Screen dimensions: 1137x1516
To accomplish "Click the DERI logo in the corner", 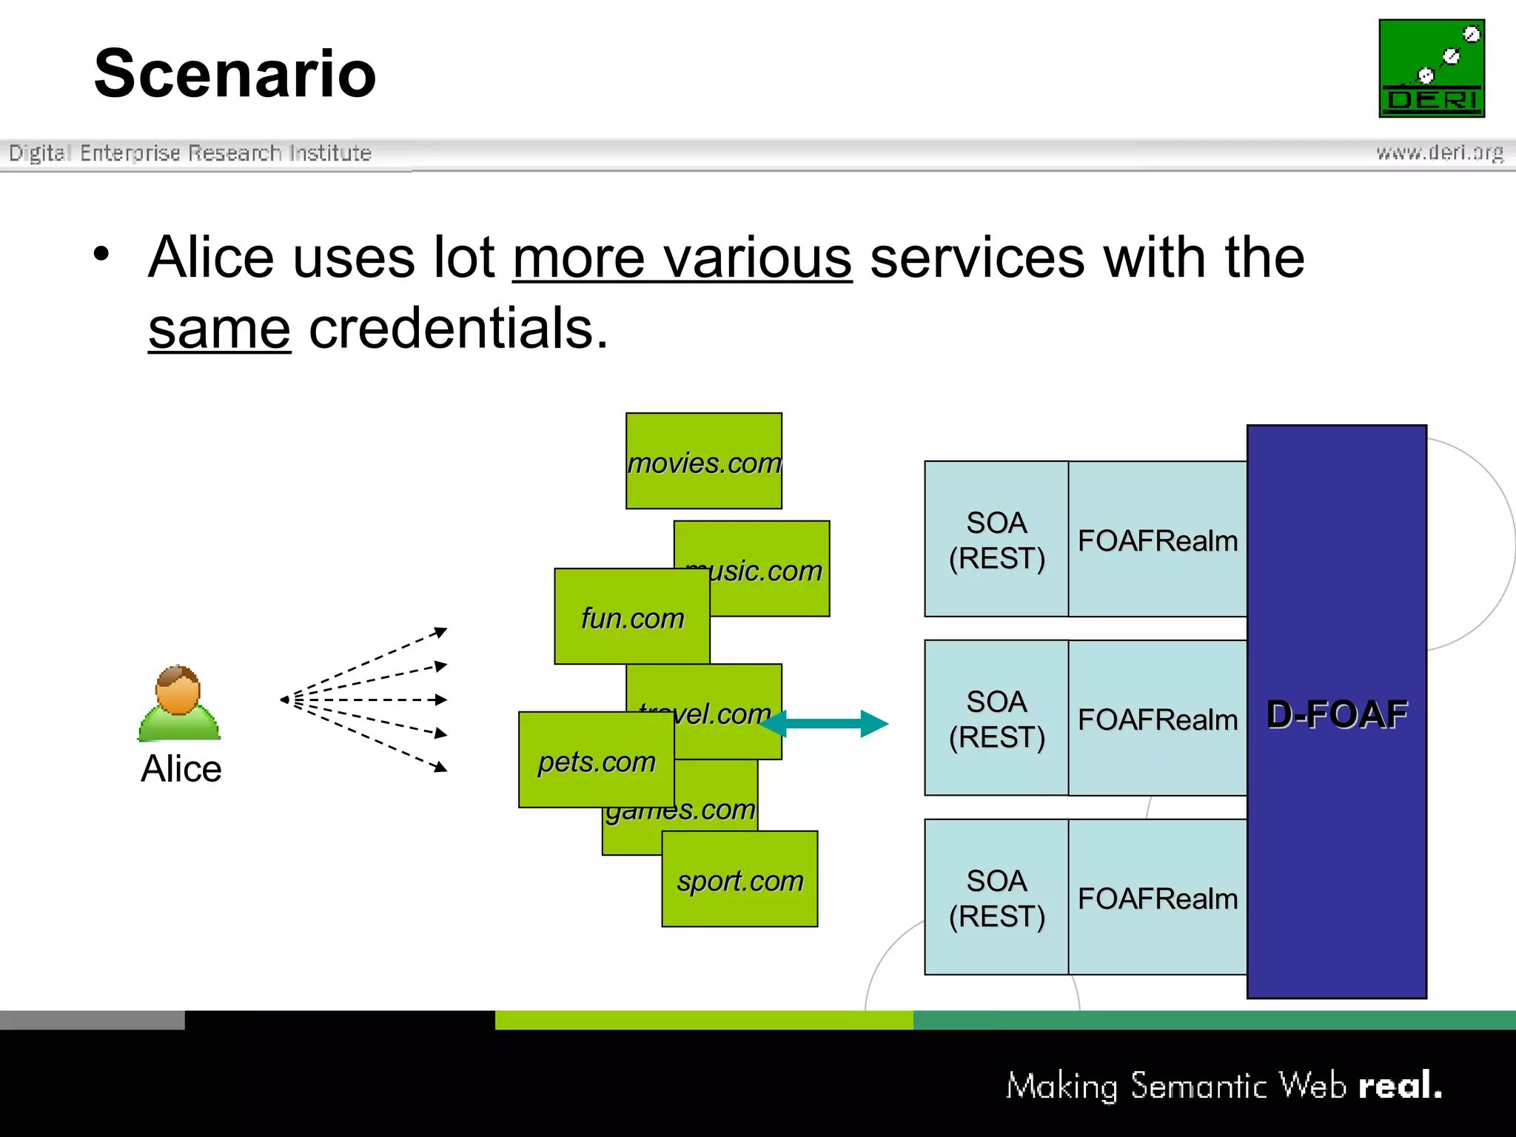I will tap(1431, 68).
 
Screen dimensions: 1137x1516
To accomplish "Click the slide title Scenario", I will tap(235, 73).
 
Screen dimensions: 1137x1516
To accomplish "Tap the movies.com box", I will tap(703, 461).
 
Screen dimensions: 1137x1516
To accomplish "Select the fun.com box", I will tap(631, 617).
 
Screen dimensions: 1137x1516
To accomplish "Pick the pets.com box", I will tap(596, 760).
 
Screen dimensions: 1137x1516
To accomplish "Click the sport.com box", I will tap(739, 879).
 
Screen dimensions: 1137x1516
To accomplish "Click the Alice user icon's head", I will tap(178, 688).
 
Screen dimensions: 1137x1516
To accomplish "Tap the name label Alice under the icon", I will tap(181, 768).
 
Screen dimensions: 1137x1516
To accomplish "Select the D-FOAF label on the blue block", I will tap(1336, 714).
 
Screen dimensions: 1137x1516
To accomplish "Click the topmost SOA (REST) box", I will tap(996, 540).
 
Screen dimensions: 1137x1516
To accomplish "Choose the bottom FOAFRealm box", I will tap(1157, 898).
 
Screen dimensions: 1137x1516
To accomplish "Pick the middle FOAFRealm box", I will tap(1157, 719).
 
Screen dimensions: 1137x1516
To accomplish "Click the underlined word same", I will tap(219, 329).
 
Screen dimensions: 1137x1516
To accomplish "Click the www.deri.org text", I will tap(1439, 152).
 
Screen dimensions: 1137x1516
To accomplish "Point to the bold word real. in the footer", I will tap(1400, 1086).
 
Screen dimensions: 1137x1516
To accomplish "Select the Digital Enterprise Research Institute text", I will tap(190, 152).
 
